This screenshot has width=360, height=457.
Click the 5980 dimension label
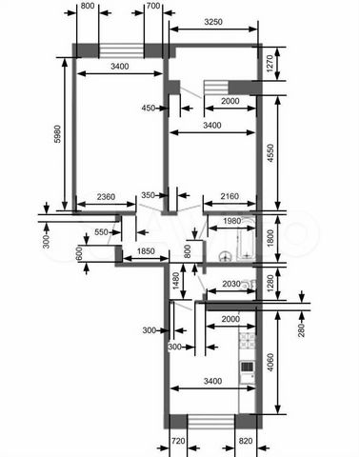pos(57,134)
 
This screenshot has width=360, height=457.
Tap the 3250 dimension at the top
pos(213,22)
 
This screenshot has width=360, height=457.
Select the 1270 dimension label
pos(270,64)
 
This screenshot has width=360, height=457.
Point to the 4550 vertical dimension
pos(270,153)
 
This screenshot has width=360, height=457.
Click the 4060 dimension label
pos(270,363)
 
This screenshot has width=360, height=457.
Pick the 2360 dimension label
pos(106,197)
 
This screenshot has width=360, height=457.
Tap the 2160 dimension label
pos(230,196)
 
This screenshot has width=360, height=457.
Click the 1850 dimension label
pos(146,251)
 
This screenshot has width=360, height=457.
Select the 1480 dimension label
pos(175,281)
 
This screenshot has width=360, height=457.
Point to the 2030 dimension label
pos(231,284)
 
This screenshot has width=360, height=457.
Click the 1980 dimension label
pos(232,221)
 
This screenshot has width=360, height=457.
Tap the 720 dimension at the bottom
pos(178,441)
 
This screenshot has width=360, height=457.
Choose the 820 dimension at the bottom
pos(246,441)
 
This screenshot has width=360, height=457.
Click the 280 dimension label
pos(301,329)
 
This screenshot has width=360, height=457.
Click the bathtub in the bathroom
pos(248,238)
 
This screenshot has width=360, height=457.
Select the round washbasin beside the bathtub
pos(226,256)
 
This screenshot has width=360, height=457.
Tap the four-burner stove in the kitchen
pos(247,341)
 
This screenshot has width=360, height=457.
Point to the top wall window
pos(121,51)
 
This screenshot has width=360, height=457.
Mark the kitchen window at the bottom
pos(210,422)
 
